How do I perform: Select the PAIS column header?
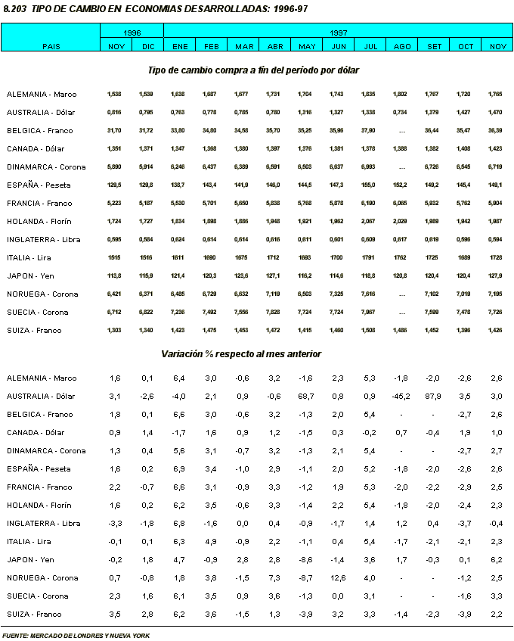coord(51,47)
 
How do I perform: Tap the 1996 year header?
coord(132,34)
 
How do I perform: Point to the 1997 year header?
coord(338,34)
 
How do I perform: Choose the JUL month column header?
coord(370,47)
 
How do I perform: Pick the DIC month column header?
coord(147,47)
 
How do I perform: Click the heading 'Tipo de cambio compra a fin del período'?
coord(253,70)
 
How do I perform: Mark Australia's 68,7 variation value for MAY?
coord(307,397)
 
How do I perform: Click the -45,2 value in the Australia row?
coord(401,397)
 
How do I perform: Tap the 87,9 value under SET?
coord(434,397)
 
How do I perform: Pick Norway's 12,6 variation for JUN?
coord(338,578)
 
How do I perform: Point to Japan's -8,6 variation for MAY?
coord(307,560)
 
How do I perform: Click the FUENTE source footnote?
coord(76,636)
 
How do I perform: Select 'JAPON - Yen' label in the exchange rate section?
coord(35,276)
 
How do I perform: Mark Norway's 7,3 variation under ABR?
coord(275,578)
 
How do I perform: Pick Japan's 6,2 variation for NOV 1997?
coord(496,560)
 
